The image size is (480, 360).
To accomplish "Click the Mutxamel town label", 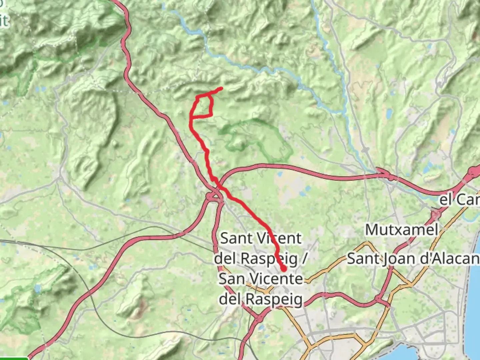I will click(401, 230).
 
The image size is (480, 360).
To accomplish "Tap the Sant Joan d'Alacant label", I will click(413, 259).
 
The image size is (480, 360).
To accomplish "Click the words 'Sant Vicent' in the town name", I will click(261, 238).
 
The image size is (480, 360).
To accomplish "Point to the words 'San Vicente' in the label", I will click(261, 279).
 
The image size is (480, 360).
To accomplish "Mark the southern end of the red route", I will click(284, 268).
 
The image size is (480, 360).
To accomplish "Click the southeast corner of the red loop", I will click(212, 115).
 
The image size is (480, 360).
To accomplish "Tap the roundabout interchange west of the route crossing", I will click(213, 197).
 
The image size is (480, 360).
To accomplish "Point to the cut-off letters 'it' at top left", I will click(4, 21).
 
